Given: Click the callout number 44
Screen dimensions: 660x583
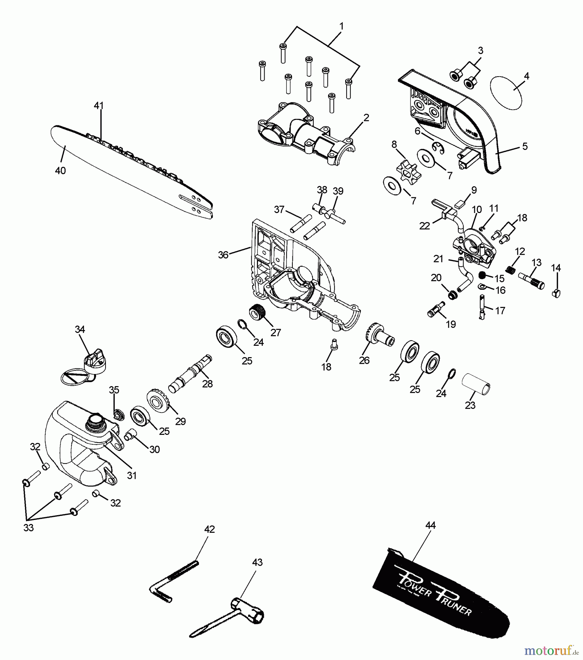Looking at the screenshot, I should [430, 525].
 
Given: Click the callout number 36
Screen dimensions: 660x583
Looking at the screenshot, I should [223, 254].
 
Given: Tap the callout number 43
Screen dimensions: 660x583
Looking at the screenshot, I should [257, 562].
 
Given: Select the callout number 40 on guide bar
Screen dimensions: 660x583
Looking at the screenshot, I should [60, 170].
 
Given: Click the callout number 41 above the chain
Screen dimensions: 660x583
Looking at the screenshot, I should [99, 106].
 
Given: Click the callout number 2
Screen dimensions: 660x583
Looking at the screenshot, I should [366, 118].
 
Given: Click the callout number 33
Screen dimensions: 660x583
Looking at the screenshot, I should [28, 528].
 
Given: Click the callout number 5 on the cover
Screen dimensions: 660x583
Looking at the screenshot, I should [525, 146].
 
